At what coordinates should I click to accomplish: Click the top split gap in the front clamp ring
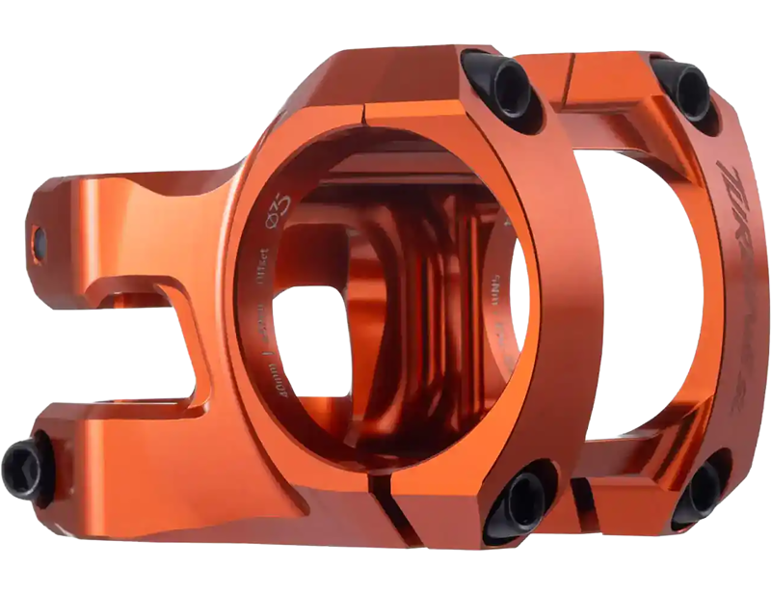pyautogui.click(x=363, y=116)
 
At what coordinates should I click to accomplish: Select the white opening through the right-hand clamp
pyautogui.click(x=655, y=289)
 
